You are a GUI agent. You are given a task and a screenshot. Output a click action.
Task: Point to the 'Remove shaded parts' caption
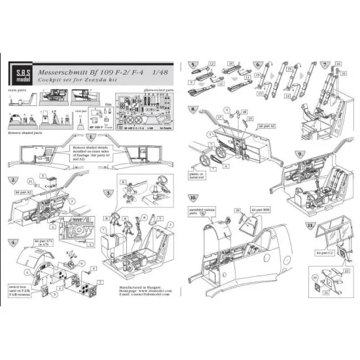click(x=28, y=131)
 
